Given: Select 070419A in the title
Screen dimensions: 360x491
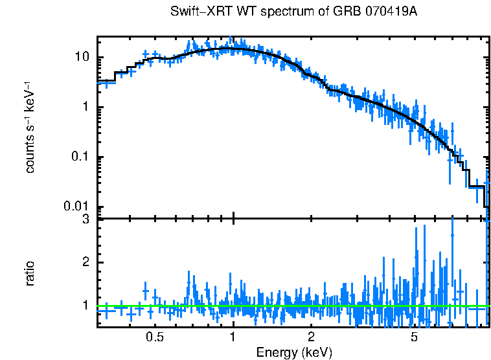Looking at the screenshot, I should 389,12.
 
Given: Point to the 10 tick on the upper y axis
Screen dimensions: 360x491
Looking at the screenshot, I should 82,58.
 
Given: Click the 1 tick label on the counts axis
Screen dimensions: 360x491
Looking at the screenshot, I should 86,107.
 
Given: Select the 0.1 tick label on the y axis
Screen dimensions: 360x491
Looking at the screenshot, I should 81,157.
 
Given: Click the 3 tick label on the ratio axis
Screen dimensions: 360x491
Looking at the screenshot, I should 86,220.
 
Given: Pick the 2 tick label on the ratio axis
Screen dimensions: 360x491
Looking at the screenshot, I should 86,262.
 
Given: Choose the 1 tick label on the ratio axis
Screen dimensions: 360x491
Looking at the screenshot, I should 86,304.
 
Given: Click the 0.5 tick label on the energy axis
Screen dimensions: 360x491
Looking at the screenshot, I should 154,337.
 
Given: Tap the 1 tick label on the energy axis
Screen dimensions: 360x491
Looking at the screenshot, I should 233,337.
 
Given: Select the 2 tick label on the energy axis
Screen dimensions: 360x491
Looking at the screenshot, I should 312,337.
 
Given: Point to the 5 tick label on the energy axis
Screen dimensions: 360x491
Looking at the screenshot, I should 415,337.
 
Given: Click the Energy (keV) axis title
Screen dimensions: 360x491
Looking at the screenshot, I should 294,352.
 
